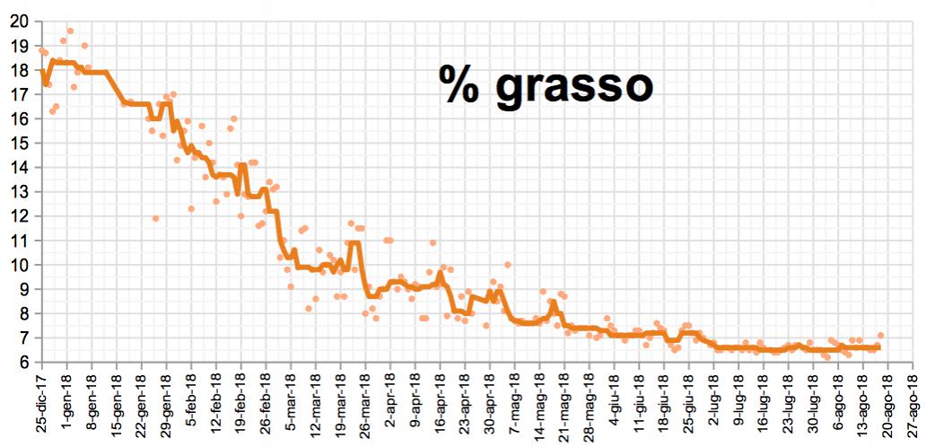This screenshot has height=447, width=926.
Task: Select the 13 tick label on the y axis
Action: pos(20,192)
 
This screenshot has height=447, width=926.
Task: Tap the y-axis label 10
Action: pos(20,266)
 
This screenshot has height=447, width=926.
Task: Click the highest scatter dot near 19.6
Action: pos(70,31)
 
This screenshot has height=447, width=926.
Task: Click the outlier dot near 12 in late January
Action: pos(155,218)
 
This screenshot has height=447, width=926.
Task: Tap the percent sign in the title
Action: pos(458,84)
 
